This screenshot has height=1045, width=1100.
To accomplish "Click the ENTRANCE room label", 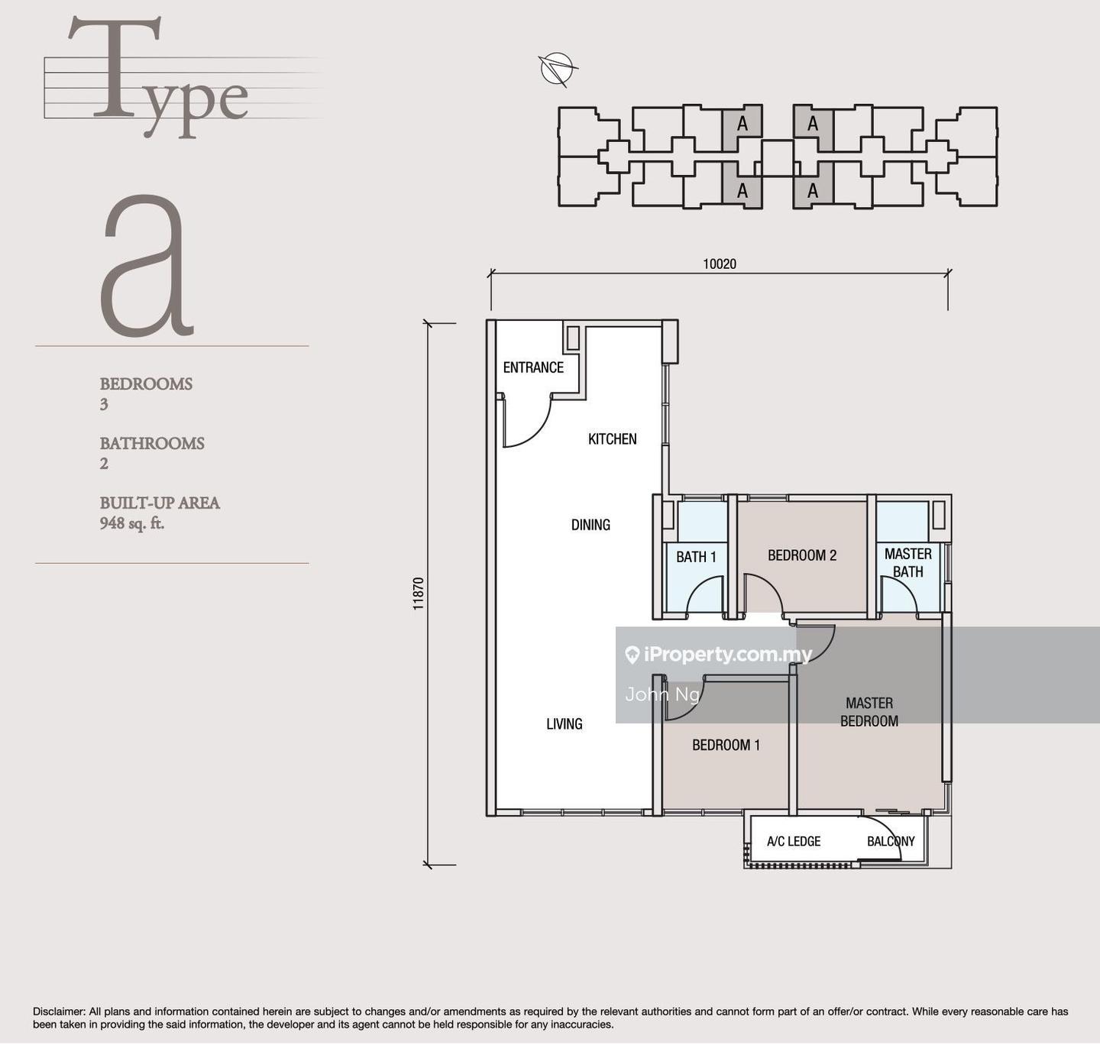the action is (x=533, y=367).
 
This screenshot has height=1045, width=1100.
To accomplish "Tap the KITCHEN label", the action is (x=612, y=438).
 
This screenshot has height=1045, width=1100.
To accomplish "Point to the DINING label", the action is (x=590, y=525).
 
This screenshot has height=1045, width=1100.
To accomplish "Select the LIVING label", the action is (x=564, y=723).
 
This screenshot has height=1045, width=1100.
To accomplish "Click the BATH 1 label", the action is (x=696, y=557).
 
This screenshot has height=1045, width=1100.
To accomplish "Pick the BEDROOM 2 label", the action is (x=802, y=555).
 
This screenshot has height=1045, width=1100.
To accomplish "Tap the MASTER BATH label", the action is (x=907, y=562).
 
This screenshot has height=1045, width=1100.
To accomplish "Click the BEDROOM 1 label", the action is (x=726, y=745).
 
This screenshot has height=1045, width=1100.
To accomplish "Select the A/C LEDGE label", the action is (x=794, y=841).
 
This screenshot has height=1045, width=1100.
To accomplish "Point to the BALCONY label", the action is (x=891, y=841).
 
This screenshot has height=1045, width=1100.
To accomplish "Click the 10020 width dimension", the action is (x=720, y=264).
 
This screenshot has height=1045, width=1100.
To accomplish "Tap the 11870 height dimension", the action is (x=419, y=594).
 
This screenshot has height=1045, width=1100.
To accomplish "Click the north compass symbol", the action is (x=558, y=69).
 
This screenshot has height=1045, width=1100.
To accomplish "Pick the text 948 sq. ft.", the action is (x=132, y=523).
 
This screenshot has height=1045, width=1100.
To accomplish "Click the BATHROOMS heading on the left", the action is (x=151, y=443).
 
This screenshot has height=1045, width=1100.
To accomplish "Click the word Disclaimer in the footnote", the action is (x=59, y=1011).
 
